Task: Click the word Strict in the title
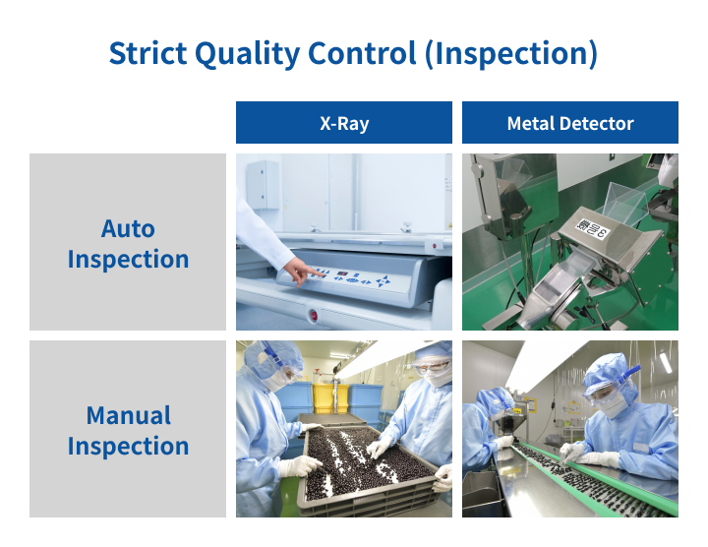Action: [147, 53]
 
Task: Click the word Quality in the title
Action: [248, 55]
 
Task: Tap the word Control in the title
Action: [362, 53]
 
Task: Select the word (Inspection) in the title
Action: [511, 54]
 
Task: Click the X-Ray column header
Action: [344, 123]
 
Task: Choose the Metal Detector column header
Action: [569, 123]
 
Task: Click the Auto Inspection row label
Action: [128, 243]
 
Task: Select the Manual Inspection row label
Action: [128, 430]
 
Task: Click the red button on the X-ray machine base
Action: [314, 315]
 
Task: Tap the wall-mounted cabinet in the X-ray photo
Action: [263, 184]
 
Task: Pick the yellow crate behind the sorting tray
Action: [331, 398]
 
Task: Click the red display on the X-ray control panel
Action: [343, 273]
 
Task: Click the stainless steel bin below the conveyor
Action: [481, 495]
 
